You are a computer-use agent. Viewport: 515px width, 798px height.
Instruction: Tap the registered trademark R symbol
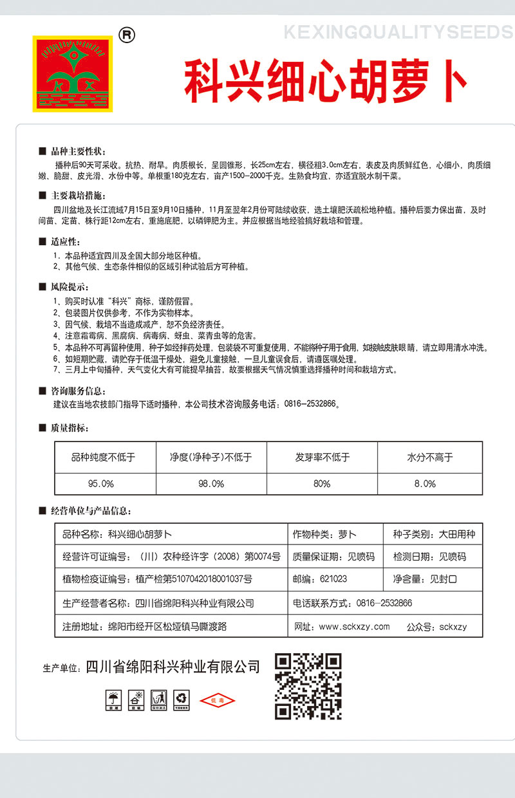127,36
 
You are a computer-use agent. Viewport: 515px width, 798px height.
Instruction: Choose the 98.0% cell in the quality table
211,483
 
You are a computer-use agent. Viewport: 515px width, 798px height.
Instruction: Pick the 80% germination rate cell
322,483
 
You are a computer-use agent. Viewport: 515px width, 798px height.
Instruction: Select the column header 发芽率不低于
322,458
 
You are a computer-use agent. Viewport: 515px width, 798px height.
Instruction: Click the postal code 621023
333,579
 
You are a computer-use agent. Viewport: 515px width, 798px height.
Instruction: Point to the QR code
308,686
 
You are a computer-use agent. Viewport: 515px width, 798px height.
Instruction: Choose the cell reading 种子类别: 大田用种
434,534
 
